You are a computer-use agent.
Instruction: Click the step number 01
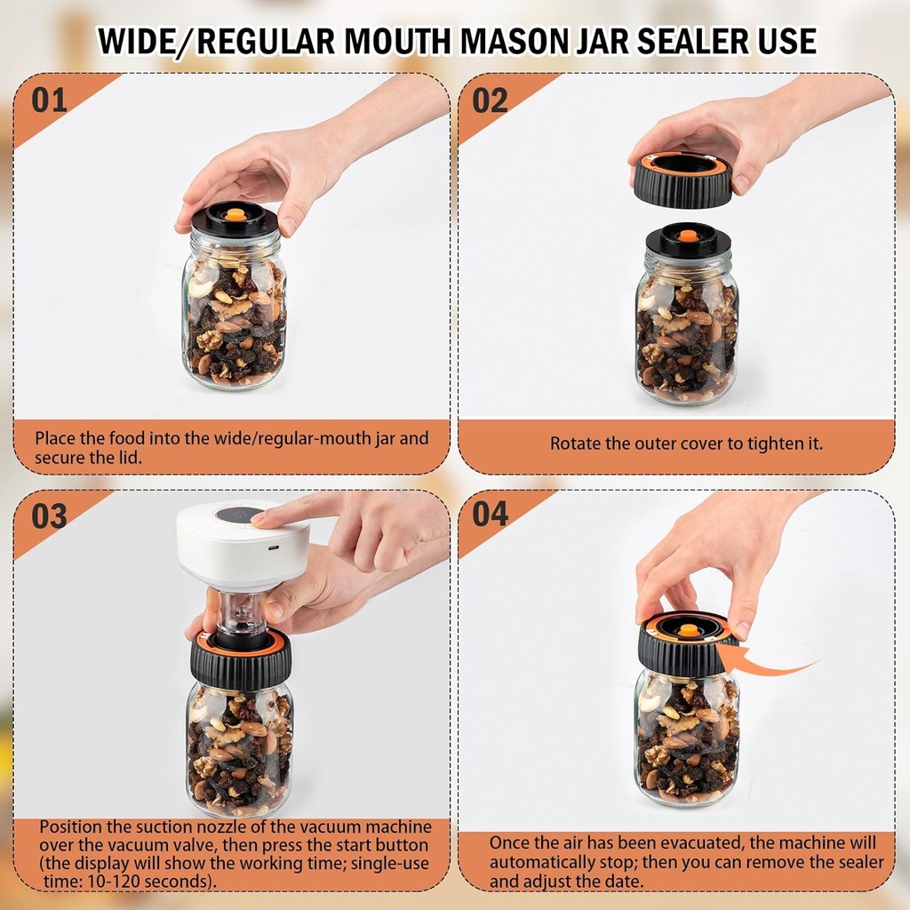pos(50,100)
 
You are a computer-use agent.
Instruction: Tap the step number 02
pos(490,100)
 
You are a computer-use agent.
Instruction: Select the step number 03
pos(50,515)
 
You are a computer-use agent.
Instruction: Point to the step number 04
pos(490,513)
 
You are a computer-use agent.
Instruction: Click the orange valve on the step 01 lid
pos(235,214)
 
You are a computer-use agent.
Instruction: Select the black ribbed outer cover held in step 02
pos(682,185)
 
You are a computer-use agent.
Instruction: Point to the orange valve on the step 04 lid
pos(688,630)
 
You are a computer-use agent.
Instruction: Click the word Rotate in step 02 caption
pos(577,443)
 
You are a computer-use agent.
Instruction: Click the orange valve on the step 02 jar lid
pos(688,235)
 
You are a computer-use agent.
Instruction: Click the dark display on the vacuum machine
pos(238,514)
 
